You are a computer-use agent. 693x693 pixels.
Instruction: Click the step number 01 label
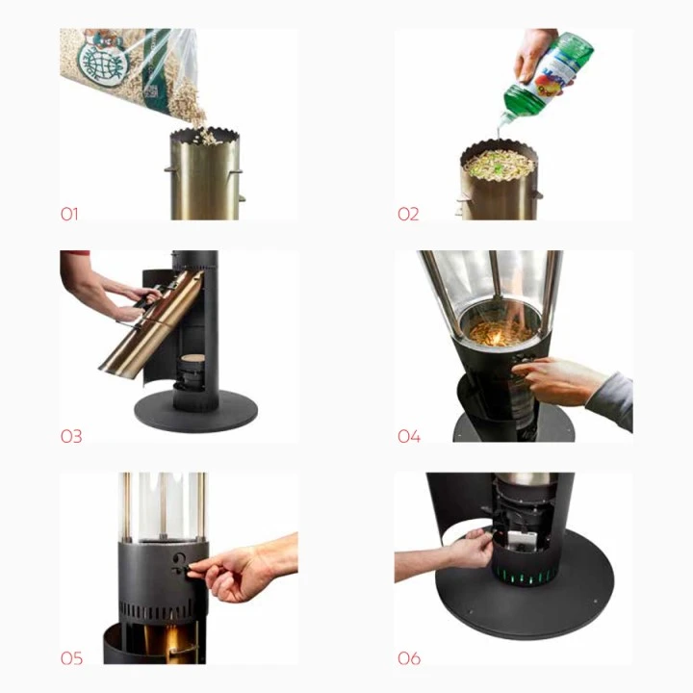pos(69,214)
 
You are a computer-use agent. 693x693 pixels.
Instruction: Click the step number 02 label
pos(408,214)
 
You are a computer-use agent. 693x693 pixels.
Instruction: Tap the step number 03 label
pos(71,436)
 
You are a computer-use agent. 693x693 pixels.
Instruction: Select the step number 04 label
pos(409,436)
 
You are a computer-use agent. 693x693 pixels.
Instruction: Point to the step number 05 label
pos(71,658)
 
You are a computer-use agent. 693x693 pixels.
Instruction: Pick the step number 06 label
pos(409,658)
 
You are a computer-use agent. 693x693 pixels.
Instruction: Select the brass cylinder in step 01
pos(204,178)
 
